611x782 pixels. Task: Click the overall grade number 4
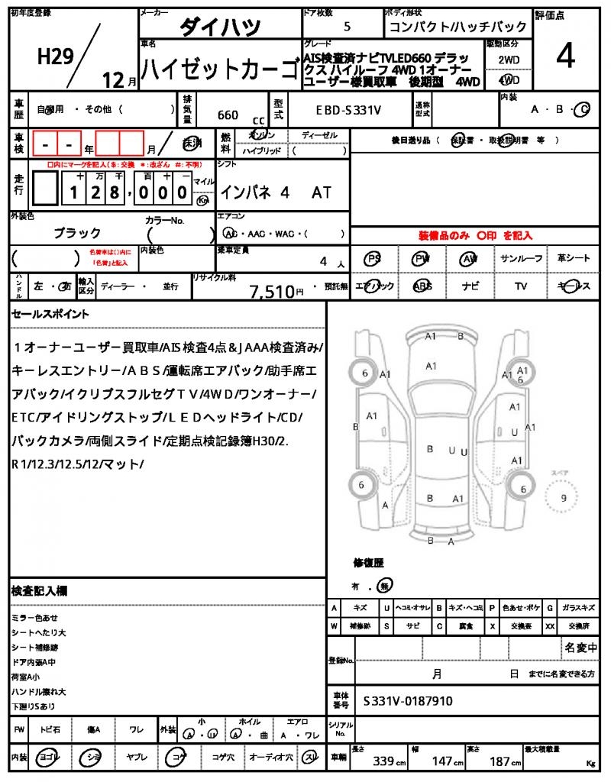pyautogui.click(x=565, y=57)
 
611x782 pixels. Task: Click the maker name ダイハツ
pyautogui.click(x=220, y=27)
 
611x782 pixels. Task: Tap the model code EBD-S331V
pyautogui.click(x=348, y=111)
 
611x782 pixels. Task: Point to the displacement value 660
pyautogui.click(x=228, y=115)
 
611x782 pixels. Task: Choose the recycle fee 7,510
pyautogui.click(x=272, y=291)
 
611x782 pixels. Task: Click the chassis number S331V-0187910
pyautogui.click(x=408, y=700)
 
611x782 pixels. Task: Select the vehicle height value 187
pyautogui.click(x=501, y=761)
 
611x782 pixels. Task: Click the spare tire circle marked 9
pyautogui.click(x=564, y=498)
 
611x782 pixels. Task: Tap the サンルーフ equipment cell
pyautogui.click(x=522, y=259)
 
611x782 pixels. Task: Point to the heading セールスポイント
pyautogui.click(x=50, y=314)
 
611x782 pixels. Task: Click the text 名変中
pyautogui.click(x=580, y=648)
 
